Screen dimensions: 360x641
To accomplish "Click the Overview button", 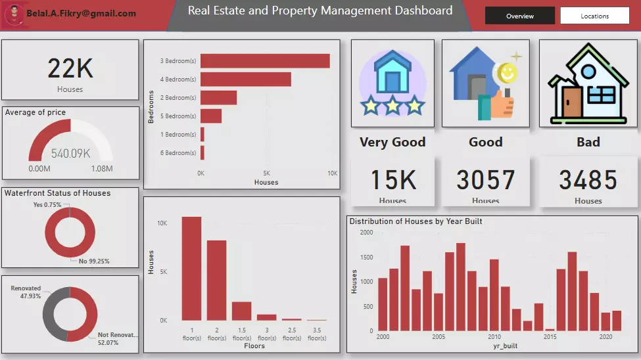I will click(519, 16).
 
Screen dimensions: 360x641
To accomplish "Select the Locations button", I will click(594, 16).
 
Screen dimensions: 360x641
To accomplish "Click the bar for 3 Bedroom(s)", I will click(265, 60).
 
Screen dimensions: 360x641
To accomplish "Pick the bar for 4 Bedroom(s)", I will click(245, 79).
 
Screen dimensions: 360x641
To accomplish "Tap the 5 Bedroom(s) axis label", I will click(178, 116).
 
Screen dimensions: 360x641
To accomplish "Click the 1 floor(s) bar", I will click(191, 268).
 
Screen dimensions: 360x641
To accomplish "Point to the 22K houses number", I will click(70, 68).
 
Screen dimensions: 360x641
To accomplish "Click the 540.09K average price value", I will click(70, 154).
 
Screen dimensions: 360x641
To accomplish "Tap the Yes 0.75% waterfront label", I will click(47, 205).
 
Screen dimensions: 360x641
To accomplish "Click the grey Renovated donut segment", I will click(53, 314).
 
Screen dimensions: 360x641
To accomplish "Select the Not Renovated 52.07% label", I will click(118, 338).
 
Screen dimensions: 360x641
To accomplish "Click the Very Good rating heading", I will click(392, 142).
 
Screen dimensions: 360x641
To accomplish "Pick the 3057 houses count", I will click(486, 180).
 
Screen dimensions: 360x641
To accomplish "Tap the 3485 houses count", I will click(588, 180).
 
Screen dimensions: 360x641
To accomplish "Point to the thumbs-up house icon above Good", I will click(483, 84).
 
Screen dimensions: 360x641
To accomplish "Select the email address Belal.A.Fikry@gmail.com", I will click(82, 14).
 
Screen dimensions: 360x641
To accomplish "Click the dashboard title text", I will click(320, 11).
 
